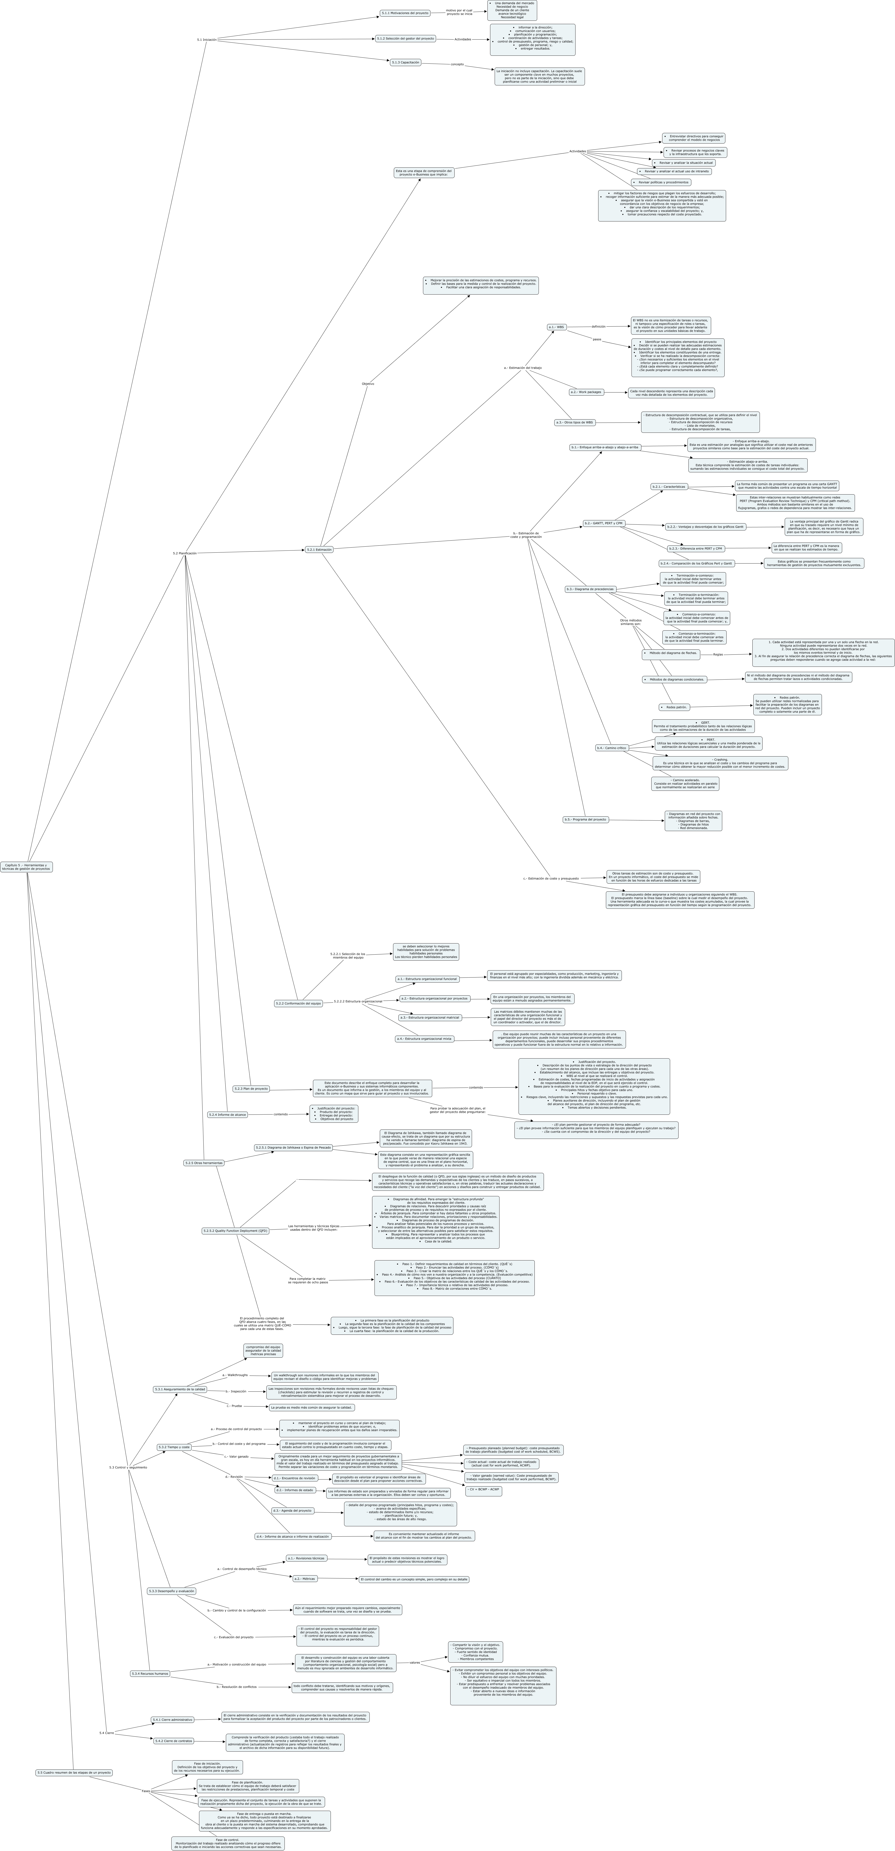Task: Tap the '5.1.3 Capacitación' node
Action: [x=405, y=62]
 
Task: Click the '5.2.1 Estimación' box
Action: [x=319, y=550]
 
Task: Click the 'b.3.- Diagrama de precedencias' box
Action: [x=590, y=589]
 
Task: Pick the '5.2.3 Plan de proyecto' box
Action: [x=251, y=1089]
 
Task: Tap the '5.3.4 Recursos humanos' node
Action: [x=150, y=1673]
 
